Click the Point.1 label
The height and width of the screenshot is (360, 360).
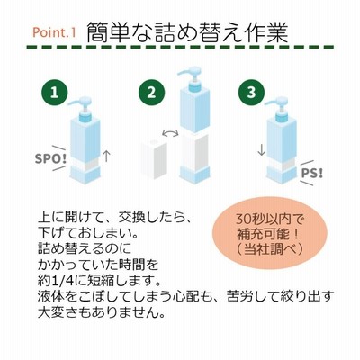(54, 32)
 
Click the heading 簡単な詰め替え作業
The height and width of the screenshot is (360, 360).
(187, 31)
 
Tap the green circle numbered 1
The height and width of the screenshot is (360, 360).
(54, 93)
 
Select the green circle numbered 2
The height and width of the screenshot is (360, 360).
(151, 93)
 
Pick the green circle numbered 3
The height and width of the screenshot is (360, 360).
(251, 93)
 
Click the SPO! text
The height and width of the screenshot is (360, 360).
(50, 158)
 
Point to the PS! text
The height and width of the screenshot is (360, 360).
(311, 174)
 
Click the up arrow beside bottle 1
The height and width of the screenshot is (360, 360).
(106, 157)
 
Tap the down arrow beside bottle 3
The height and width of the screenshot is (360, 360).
(262, 149)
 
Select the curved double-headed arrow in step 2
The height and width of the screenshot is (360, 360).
(170, 132)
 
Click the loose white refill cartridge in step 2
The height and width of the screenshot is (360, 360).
(154, 160)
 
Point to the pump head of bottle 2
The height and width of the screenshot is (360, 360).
(192, 78)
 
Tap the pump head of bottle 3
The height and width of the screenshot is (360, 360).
(279, 109)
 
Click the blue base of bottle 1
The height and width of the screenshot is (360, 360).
(85, 175)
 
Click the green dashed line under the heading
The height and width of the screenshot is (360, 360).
(180, 47)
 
